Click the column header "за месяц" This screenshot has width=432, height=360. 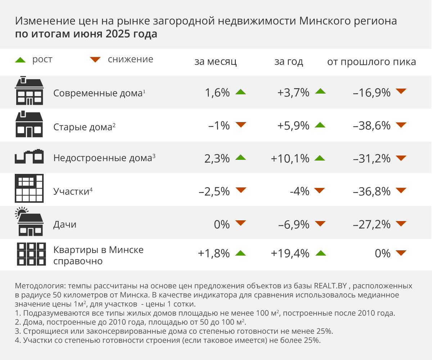(x=215, y=62)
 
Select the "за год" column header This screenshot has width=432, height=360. (x=289, y=62)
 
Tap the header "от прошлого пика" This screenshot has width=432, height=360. (x=372, y=62)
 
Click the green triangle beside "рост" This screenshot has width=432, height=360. (x=20, y=60)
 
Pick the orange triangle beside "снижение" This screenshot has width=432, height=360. (x=95, y=60)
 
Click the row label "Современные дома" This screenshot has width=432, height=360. (x=98, y=93)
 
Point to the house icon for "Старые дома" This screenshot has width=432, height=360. (x=29, y=125)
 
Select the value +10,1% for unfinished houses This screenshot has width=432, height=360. (x=291, y=158)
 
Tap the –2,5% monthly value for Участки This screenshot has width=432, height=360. (x=214, y=192)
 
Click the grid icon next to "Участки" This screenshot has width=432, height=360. (x=29, y=188)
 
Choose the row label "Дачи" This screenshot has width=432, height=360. (x=65, y=225)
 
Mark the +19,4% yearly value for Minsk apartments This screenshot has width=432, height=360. (x=290, y=253)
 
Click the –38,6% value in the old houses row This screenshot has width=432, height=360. (x=372, y=126)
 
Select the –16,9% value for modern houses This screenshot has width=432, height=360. (x=372, y=93)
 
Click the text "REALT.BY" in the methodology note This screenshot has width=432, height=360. (x=330, y=287)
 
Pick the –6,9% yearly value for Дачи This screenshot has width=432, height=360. (x=294, y=225)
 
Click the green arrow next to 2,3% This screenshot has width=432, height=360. (x=240, y=158)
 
